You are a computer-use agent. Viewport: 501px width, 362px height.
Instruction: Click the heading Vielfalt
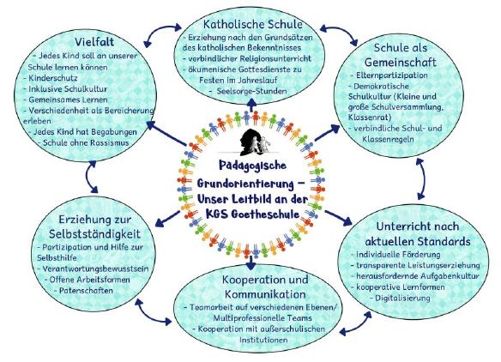[x=94, y=42]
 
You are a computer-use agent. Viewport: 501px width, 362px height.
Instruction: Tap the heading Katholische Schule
[x=253, y=24]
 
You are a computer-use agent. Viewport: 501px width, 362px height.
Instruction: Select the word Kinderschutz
[x=53, y=78]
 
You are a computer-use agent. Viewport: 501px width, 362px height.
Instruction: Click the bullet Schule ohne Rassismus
[x=86, y=142]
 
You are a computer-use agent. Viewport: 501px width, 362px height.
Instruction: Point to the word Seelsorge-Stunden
[x=251, y=92]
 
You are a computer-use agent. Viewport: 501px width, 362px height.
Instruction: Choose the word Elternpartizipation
[x=392, y=75]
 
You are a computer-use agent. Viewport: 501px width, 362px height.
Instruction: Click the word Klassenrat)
[x=370, y=118]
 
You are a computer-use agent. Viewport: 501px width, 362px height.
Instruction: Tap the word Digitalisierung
[x=402, y=299]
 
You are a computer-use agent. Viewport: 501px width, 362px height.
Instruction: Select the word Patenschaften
[x=86, y=291]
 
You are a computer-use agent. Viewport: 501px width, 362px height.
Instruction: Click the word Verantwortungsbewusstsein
[x=95, y=269]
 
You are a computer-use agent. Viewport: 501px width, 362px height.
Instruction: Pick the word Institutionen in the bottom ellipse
[x=263, y=341]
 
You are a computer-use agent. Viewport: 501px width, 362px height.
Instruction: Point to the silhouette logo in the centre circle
[x=255, y=142]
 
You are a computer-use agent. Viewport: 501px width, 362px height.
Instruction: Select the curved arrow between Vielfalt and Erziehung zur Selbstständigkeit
[x=90, y=177]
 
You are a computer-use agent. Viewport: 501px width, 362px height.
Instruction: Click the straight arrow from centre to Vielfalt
[x=166, y=134]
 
